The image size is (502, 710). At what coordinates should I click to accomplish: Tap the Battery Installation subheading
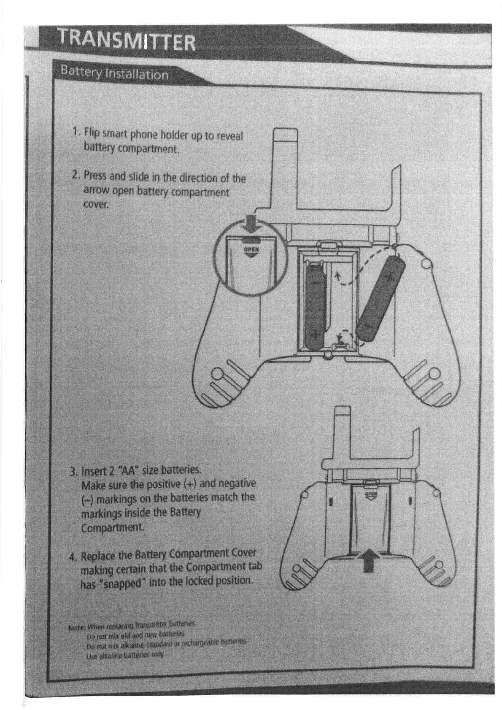click(x=114, y=73)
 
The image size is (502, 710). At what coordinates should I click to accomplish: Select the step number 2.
click(x=76, y=174)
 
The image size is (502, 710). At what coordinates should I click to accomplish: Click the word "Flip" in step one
click(x=92, y=132)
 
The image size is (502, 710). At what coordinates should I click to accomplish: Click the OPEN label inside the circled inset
click(x=251, y=250)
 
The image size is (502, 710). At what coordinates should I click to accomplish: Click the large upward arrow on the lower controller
click(x=369, y=559)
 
